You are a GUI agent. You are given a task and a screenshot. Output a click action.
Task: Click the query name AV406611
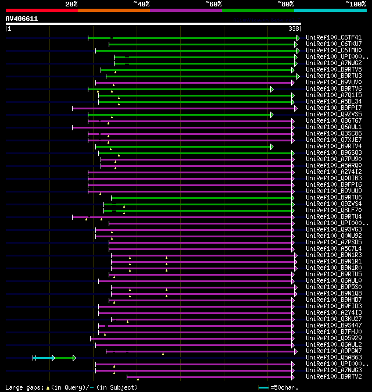pyautogui.click(x=22, y=19)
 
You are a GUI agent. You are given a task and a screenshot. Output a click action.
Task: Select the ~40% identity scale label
pyautogui.click(x=141, y=4)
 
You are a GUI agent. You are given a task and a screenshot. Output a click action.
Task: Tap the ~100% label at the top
pyautogui.click(x=355, y=4)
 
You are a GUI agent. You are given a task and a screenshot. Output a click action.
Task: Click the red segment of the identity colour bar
pyautogui.click(x=41, y=10)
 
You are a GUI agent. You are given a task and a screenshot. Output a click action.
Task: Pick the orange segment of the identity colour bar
pyautogui.click(x=113, y=10)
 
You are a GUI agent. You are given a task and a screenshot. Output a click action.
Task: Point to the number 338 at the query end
pyautogui.click(x=294, y=28)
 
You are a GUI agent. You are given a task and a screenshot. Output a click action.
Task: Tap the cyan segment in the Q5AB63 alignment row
pyautogui.click(x=44, y=358)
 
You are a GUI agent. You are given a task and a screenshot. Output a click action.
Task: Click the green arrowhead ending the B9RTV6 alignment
pyautogui.click(x=271, y=89)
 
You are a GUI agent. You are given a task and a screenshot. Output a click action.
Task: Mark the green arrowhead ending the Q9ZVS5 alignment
pyautogui.click(x=271, y=115)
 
